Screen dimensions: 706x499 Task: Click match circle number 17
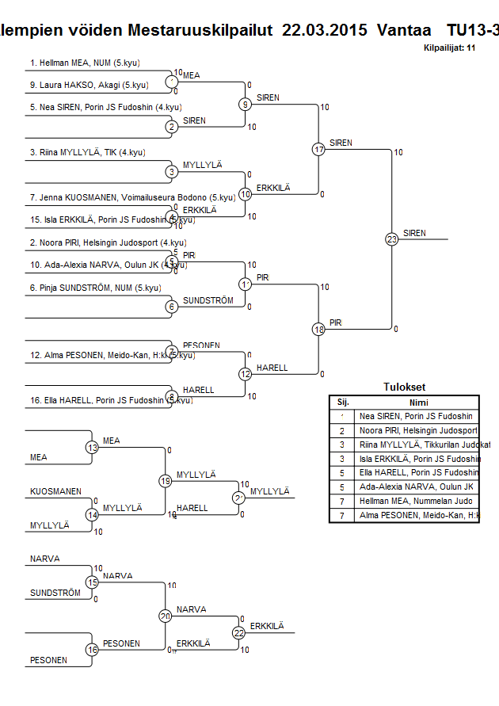tap(318, 149)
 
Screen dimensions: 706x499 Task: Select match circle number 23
tap(391, 239)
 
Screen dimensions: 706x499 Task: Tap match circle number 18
tap(318, 329)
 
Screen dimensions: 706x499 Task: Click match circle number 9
tap(246, 104)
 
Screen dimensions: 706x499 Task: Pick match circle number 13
tap(92, 448)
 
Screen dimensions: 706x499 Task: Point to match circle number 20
tap(165, 616)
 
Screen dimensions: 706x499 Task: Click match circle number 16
tap(92, 650)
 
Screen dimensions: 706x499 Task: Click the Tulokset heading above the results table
tap(404, 387)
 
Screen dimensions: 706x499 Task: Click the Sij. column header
tap(343, 403)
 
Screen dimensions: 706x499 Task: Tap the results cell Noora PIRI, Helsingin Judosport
tap(418, 430)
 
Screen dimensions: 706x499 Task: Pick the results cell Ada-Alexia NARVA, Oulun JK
tap(416, 487)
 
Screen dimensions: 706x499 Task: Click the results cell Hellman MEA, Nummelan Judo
tap(416, 501)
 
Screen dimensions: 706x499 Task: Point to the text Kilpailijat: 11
tap(449, 48)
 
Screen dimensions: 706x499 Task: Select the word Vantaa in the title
tap(405, 30)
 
